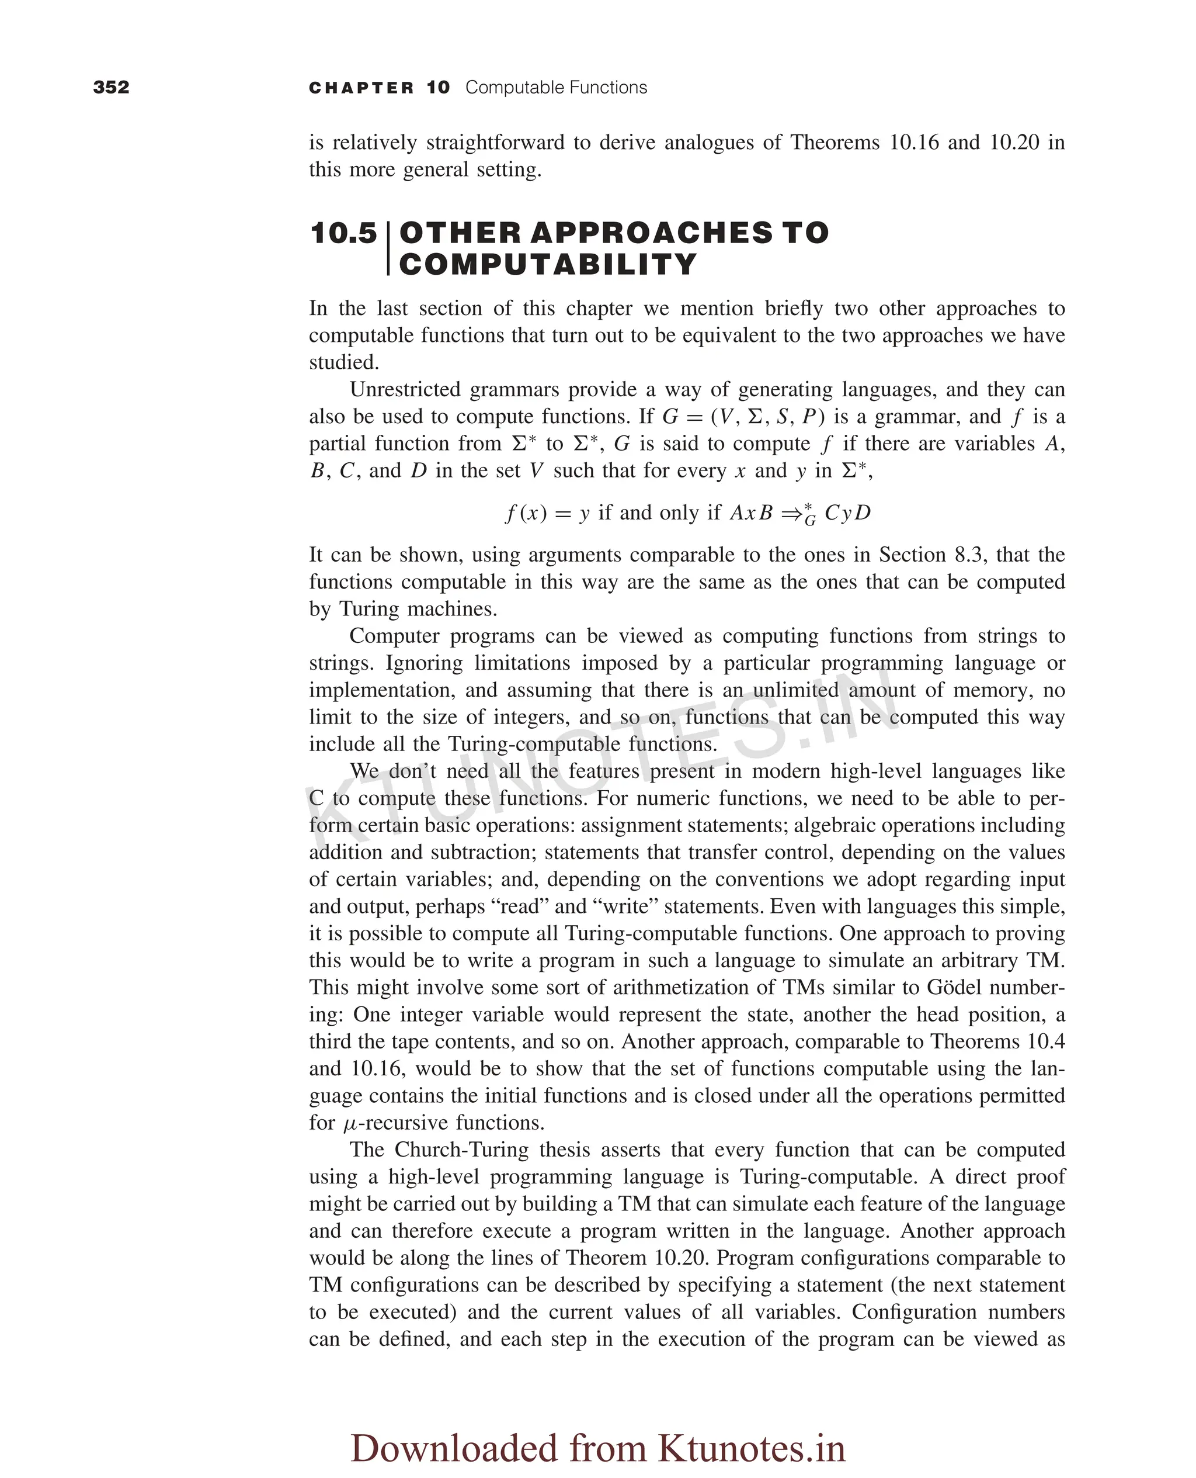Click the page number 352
pos(111,87)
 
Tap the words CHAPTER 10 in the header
pos(379,88)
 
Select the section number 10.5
pos(344,233)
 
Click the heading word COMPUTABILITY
pos(548,265)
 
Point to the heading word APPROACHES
pos(651,233)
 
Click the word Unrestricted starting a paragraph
pos(404,389)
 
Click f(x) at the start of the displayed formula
pos(526,513)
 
